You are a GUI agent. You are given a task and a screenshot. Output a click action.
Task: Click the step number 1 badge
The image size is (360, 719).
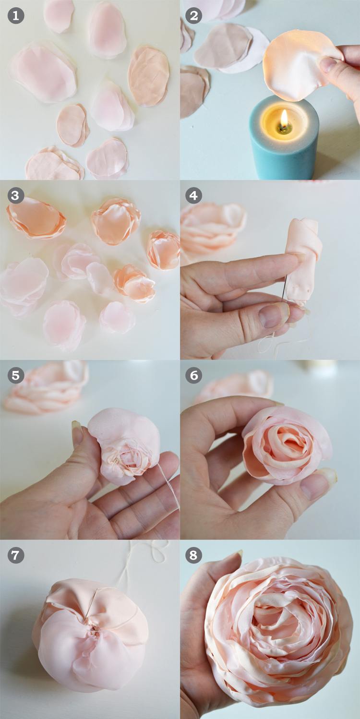coord(16,16)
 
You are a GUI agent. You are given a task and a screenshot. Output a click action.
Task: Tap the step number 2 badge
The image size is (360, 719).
coord(193,16)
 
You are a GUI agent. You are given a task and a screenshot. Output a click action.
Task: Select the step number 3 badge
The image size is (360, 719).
coord(16,195)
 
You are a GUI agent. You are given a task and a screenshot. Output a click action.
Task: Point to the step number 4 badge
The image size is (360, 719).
coord(193,195)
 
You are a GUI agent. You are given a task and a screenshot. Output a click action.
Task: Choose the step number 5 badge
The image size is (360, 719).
coord(16,375)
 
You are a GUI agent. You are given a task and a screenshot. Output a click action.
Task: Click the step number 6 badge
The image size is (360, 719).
coord(193,375)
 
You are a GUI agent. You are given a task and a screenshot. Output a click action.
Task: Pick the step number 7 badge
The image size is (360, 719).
coord(16,555)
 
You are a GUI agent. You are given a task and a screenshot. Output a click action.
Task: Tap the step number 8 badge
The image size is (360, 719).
coord(193,555)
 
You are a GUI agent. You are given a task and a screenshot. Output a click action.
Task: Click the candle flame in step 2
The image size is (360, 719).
coord(284,119)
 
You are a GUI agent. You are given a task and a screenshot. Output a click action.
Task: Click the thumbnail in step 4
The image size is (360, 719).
coord(273,314)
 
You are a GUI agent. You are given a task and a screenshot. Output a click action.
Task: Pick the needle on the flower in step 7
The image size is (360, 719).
coord(93,603)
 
